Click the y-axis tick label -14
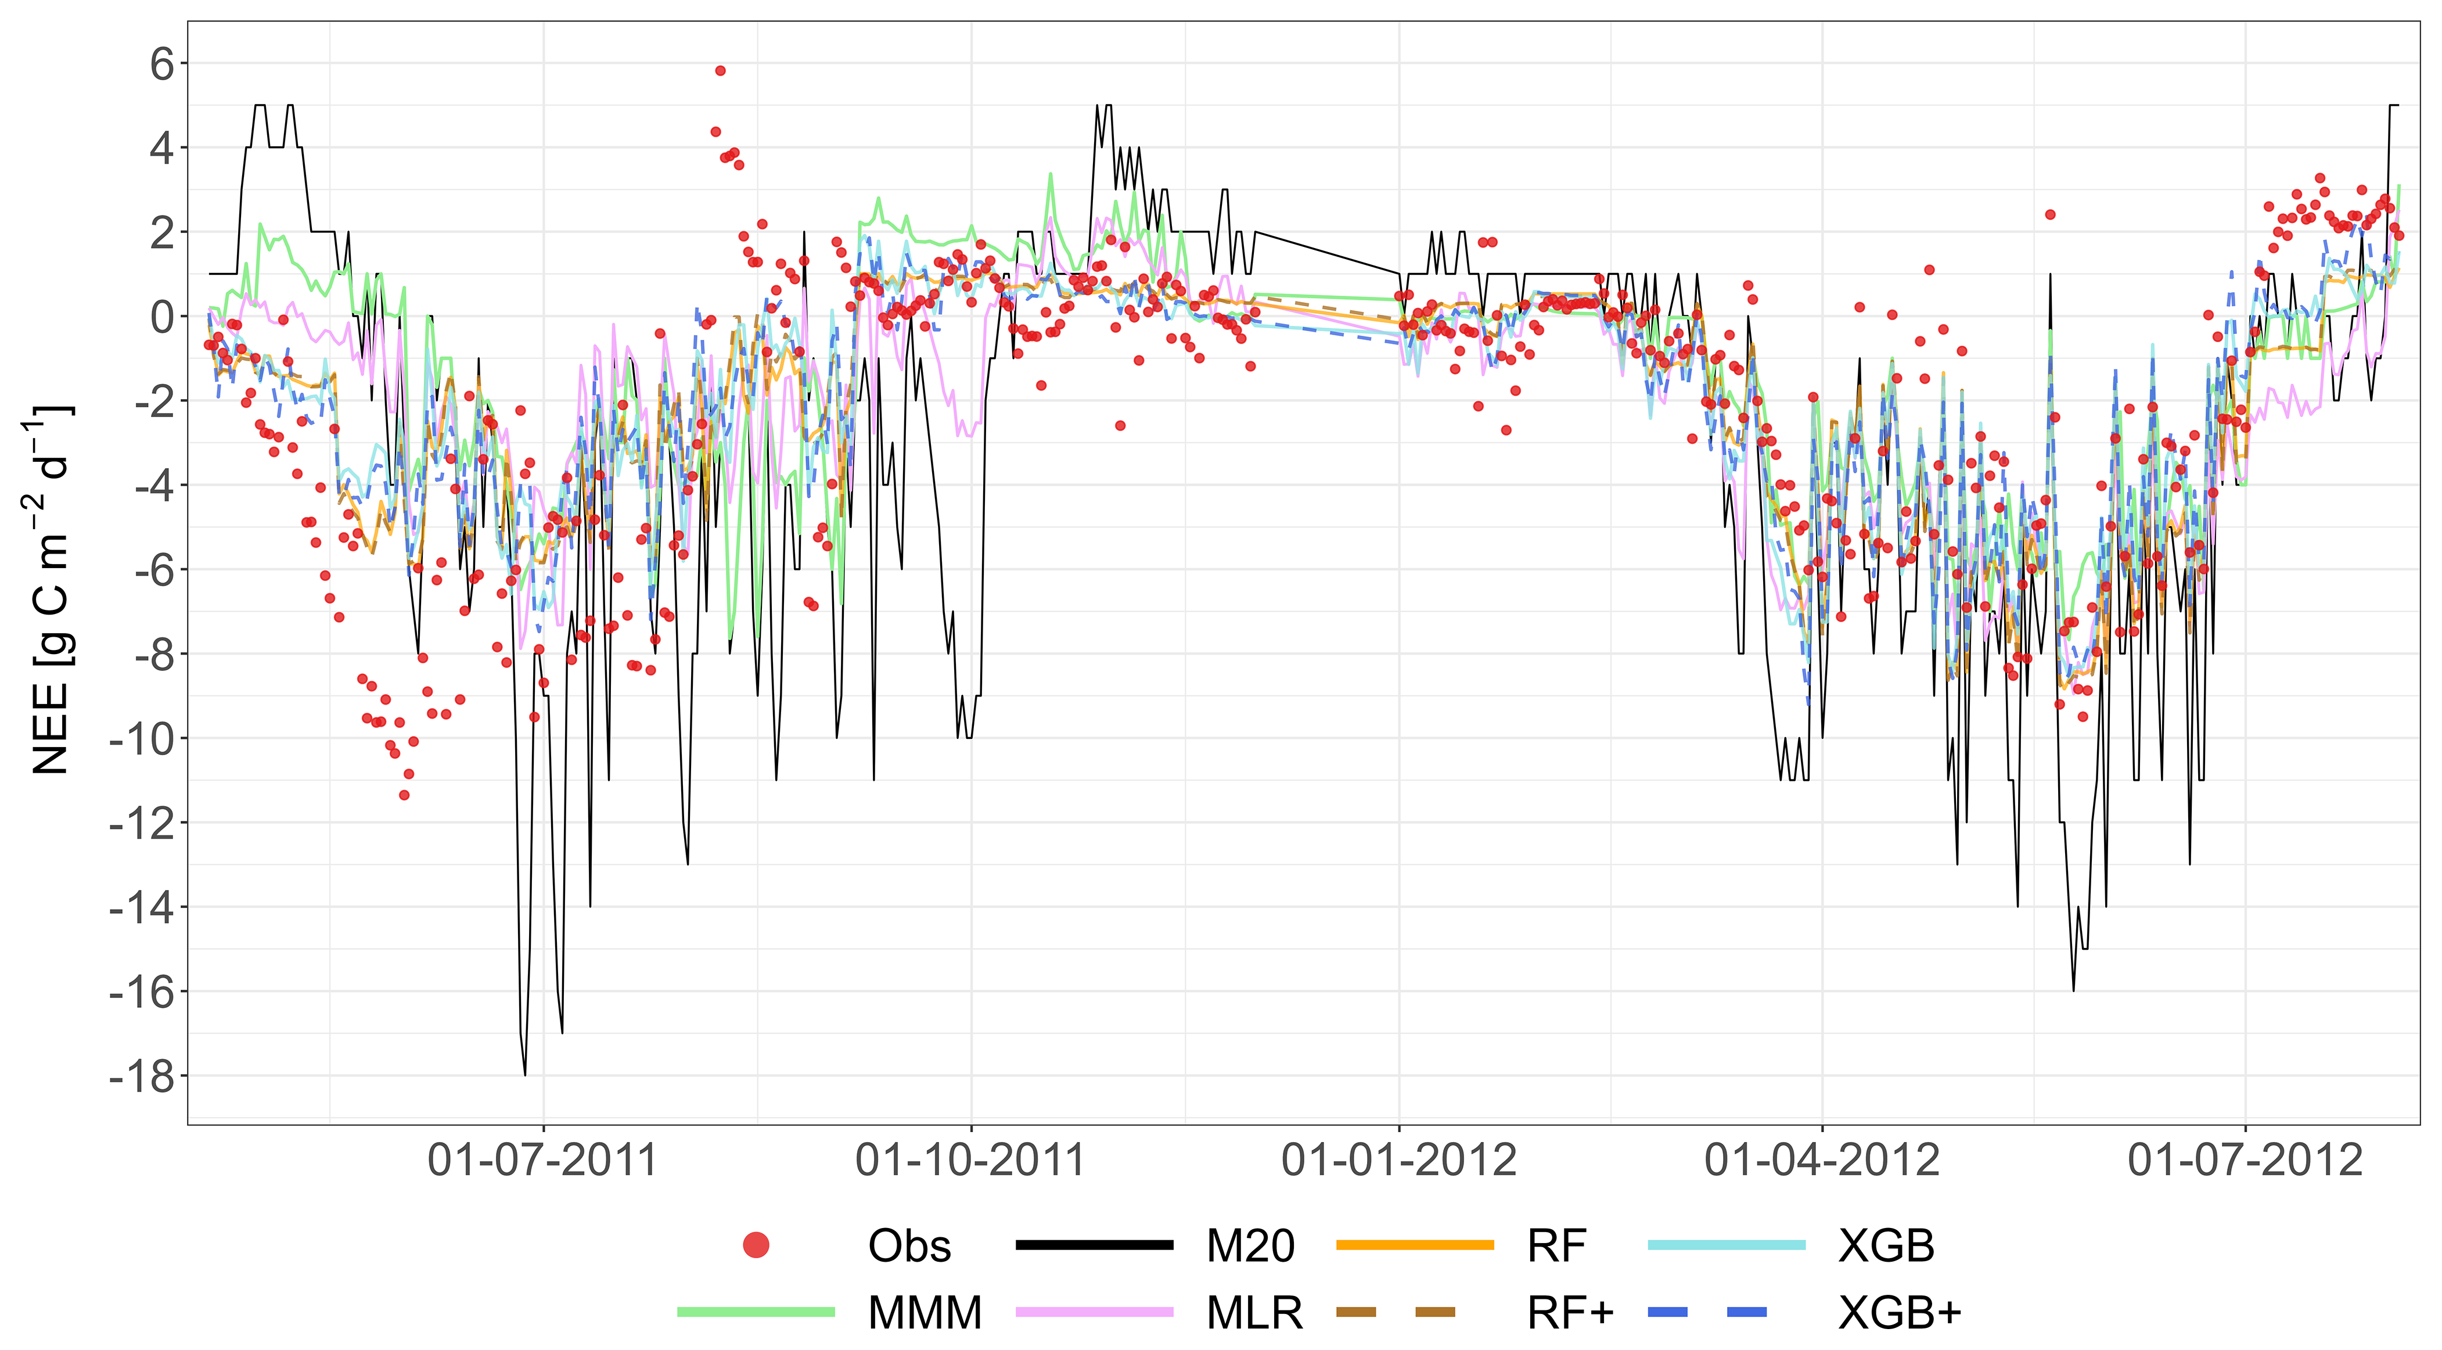142,908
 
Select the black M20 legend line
1095,1245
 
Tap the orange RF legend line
1415,1245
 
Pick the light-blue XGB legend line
1727,1245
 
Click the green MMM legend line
757,1312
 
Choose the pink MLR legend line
1095,1312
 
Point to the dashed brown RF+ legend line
1396,1312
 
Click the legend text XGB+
1900,1313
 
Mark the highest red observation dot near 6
721,71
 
